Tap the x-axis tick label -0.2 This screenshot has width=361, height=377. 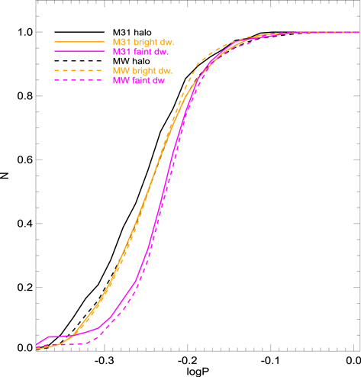(x=187, y=359)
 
